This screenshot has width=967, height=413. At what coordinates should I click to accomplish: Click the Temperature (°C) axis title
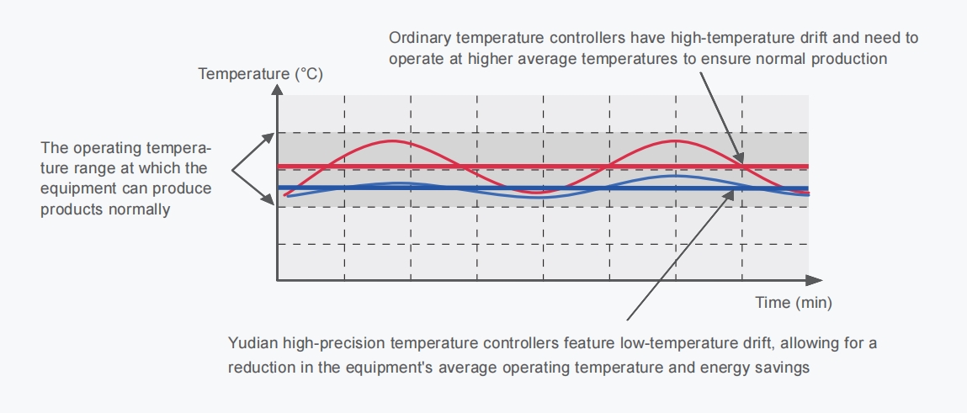pyautogui.click(x=260, y=74)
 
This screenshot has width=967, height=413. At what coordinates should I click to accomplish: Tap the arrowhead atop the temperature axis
pyautogui.click(x=277, y=92)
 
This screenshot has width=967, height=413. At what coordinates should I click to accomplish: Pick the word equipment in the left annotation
pyautogui.click(x=73, y=188)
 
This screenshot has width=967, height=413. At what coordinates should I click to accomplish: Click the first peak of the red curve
pyautogui.click(x=393, y=140)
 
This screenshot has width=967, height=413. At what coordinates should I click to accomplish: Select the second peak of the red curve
pyautogui.click(x=674, y=140)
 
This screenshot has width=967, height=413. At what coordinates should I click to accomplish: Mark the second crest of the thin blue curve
pyautogui.click(x=674, y=176)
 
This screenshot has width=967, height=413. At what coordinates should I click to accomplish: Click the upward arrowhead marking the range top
pyautogui.click(x=268, y=135)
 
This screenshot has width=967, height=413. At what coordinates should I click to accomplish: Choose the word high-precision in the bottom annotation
pyautogui.click(x=336, y=344)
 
